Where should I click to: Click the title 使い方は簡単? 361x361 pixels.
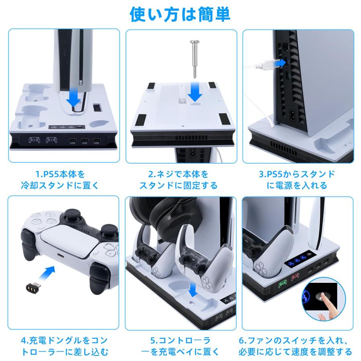[180, 14]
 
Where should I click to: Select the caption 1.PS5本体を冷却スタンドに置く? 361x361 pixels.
[64, 180]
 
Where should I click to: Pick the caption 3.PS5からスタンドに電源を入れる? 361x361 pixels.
[296, 180]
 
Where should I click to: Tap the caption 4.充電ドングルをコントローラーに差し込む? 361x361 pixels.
[64, 346]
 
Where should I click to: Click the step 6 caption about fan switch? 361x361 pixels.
[296, 346]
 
